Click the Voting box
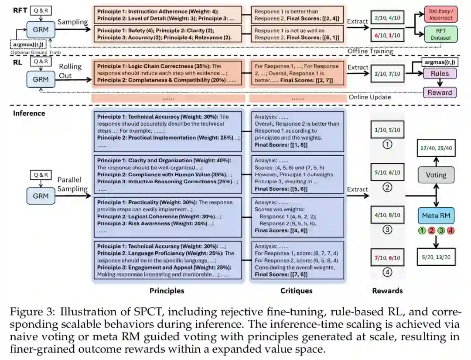[436, 175]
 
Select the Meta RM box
[436, 216]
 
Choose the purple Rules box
[440, 74]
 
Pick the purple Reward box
[440, 92]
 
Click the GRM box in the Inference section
[41, 195]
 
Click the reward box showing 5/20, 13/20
[436, 257]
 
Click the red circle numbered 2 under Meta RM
[431, 230]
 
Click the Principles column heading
[167, 291]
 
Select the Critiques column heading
[296, 291]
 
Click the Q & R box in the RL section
[41, 62]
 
